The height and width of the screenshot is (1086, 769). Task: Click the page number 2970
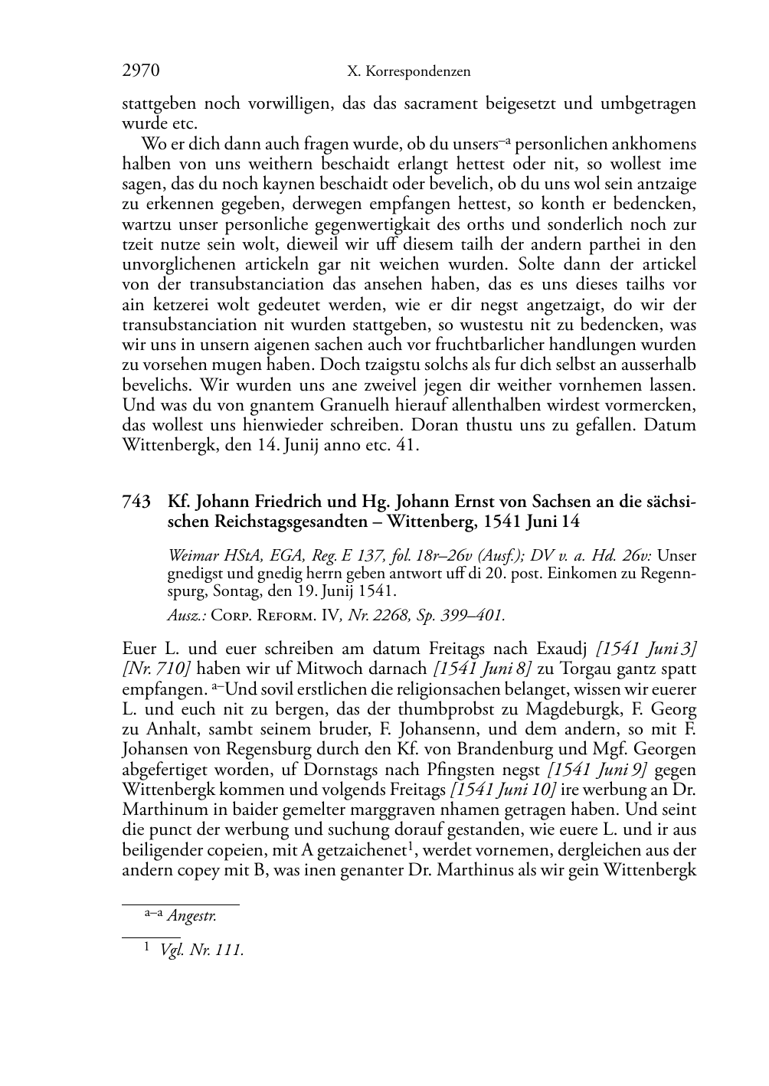pyautogui.click(x=140, y=71)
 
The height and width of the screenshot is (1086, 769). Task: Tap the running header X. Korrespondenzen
pyautogui.click(x=408, y=72)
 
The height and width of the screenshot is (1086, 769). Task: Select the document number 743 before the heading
pyautogui.click(x=136, y=502)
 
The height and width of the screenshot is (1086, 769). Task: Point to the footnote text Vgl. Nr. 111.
pyautogui.click(x=202, y=951)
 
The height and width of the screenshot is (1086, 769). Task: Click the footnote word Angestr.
pyautogui.click(x=191, y=915)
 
